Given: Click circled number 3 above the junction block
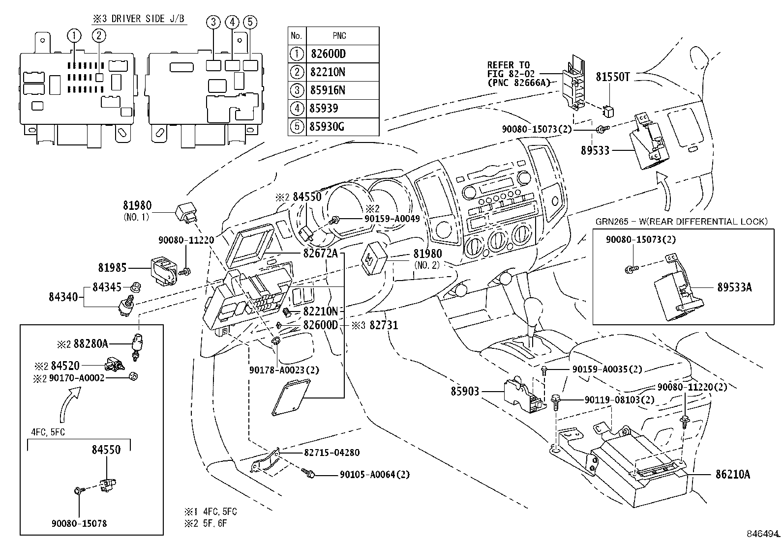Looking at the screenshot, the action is (x=213, y=22).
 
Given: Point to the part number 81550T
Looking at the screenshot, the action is (x=612, y=77).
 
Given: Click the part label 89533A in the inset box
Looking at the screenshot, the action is (x=734, y=287).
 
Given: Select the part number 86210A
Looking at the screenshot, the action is (x=733, y=474).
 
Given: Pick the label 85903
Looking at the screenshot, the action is (x=465, y=391).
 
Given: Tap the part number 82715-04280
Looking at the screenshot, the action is (x=331, y=453).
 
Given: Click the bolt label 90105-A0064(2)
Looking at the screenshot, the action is (x=375, y=475).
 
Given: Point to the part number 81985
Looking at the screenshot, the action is (x=112, y=268).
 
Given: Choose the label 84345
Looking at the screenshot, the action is (x=107, y=287).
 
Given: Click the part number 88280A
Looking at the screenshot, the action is (x=91, y=343).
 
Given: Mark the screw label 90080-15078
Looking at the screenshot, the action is (x=79, y=523).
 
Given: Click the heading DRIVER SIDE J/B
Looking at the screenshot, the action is (x=148, y=19).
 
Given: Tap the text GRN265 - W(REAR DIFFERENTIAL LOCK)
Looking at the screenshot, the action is (x=682, y=222).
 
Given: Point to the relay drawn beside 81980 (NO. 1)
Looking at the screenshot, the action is (x=186, y=212).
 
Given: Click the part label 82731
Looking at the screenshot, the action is (x=384, y=325).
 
